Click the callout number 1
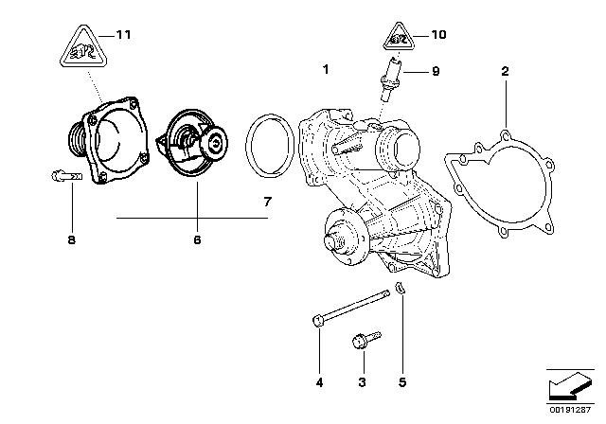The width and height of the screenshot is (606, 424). pyautogui.click(x=325, y=70)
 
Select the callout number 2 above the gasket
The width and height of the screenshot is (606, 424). pyautogui.click(x=505, y=71)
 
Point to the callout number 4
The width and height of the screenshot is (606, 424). pyautogui.click(x=319, y=382)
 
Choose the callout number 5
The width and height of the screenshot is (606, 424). pyautogui.click(x=403, y=382)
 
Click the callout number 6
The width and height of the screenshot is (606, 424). pyautogui.click(x=198, y=240)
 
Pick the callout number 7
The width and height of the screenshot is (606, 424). pyautogui.click(x=267, y=203)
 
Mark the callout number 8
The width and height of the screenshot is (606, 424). pyautogui.click(x=71, y=240)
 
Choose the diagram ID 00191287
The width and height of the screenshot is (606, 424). pyautogui.click(x=572, y=415)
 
